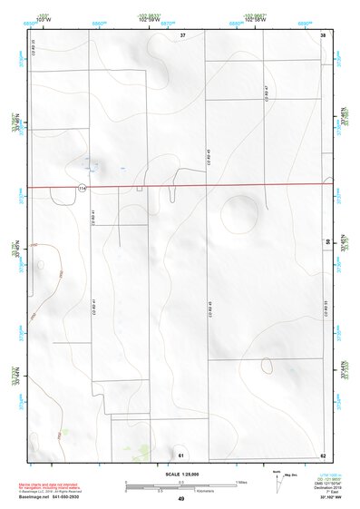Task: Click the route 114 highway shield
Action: [x=82, y=188]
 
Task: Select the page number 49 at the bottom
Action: [x=180, y=499]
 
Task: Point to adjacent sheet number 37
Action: [x=182, y=34]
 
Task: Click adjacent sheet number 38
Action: [x=323, y=34]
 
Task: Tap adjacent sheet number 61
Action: [x=181, y=454]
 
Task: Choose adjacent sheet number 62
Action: [x=323, y=454]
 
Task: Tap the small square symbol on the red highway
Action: [x=140, y=189]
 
